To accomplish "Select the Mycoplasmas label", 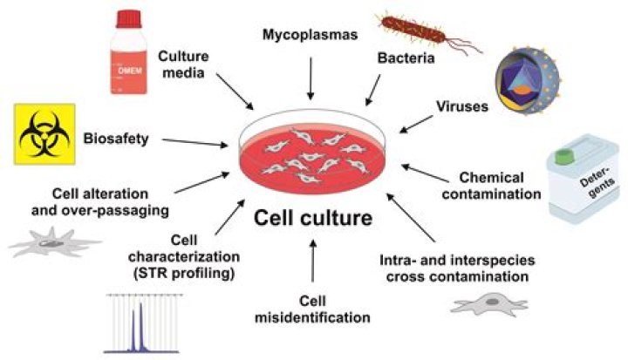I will click(x=311, y=36).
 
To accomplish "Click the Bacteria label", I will click(x=404, y=58).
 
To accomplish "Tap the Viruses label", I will click(x=461, y=105).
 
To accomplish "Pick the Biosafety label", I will click(x=113, y=137).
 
